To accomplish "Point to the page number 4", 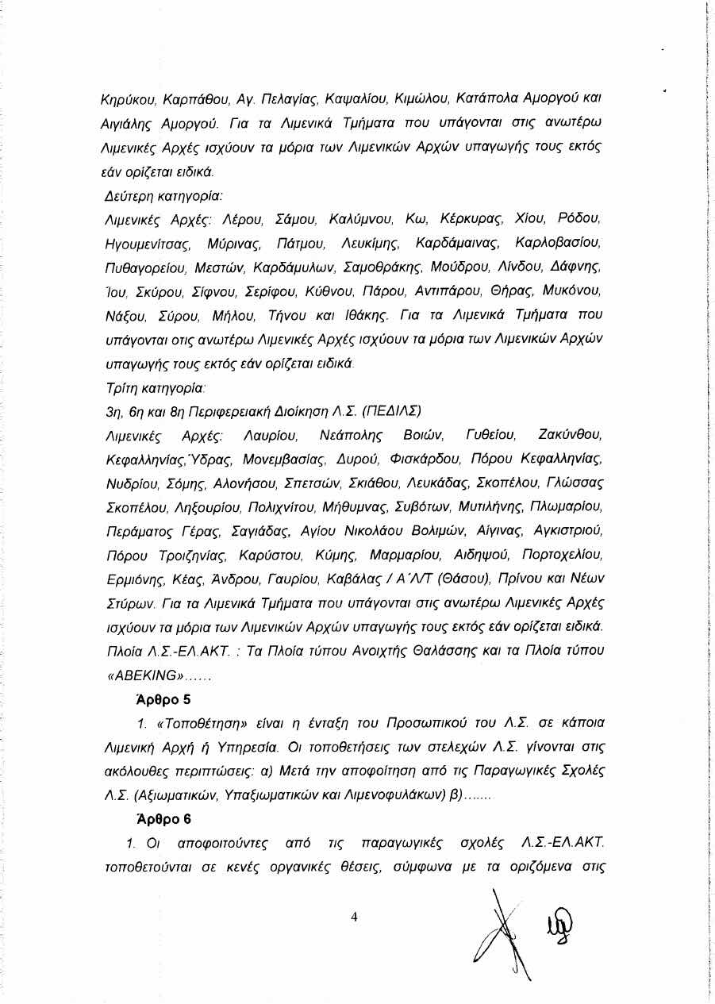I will point(355,917).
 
